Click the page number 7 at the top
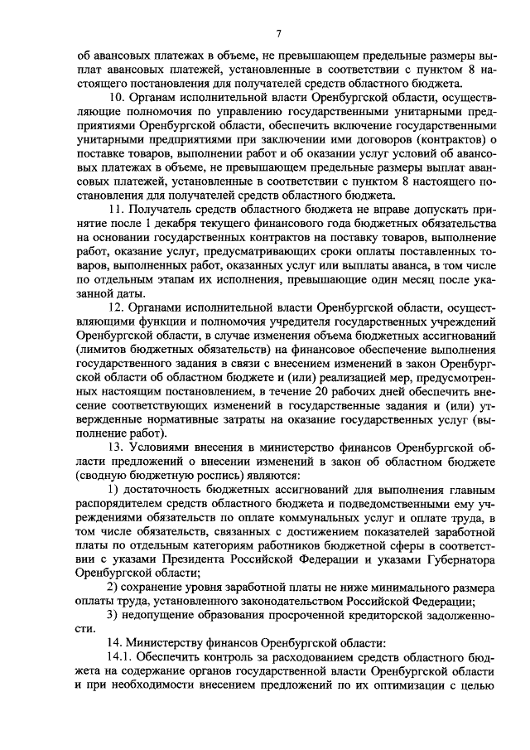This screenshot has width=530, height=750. click(x=279, y=33)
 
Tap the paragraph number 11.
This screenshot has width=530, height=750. click(x=118, y=215)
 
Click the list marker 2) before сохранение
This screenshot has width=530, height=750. click(x=114, y=587)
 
